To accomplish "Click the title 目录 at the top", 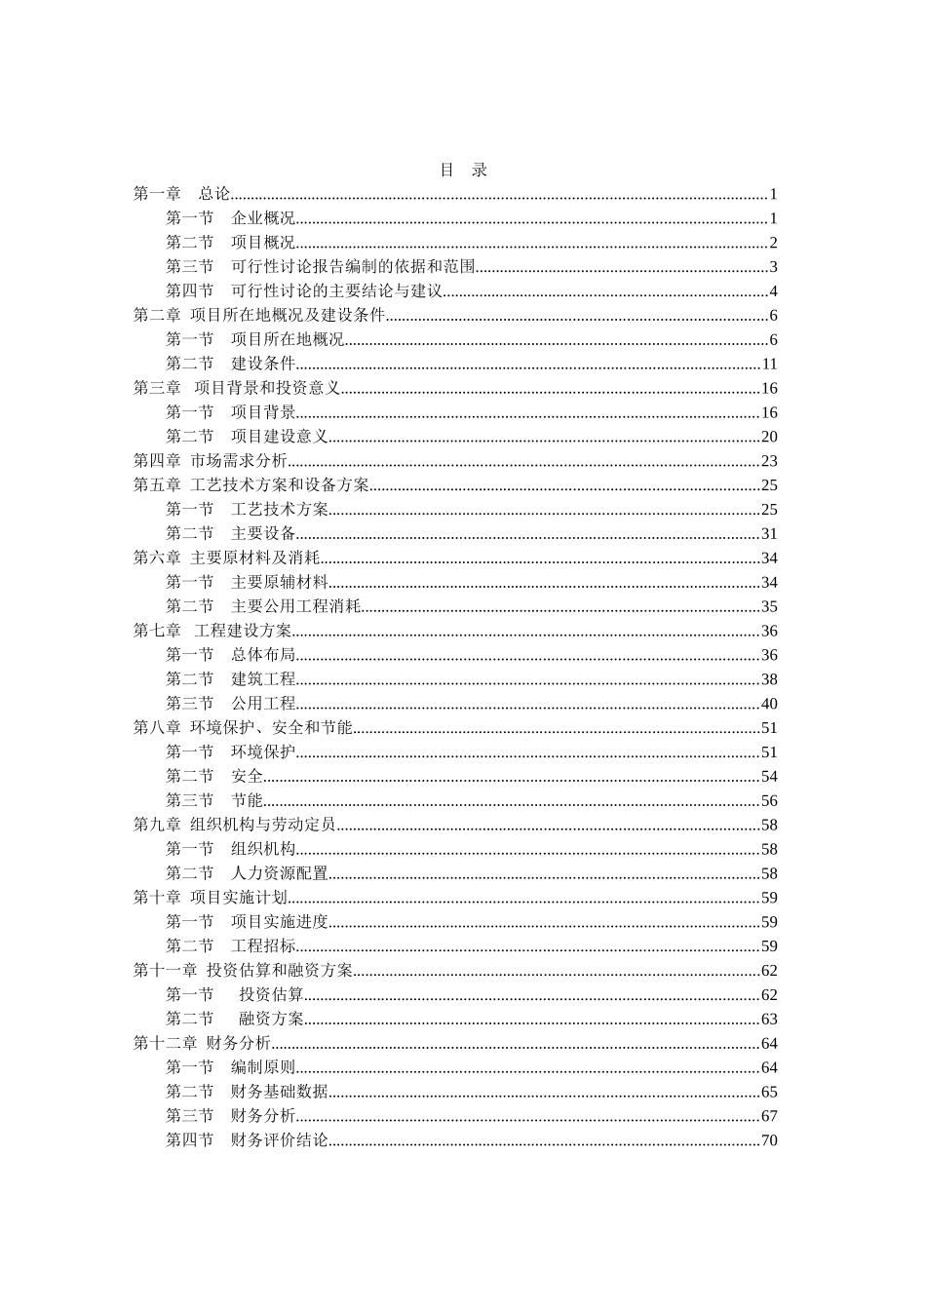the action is point(463,170).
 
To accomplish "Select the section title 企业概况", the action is point(263,218).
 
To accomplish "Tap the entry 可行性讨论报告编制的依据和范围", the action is point(353,267).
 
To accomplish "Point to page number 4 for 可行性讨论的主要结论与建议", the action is point(773,291).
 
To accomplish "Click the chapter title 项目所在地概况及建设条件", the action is point(289,315).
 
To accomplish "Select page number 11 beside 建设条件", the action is point(769,365).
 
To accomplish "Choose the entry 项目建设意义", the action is point(280,437).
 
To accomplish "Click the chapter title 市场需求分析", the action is point(239,461).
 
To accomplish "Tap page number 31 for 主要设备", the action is point(769,534).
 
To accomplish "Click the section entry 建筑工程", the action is point(263,679).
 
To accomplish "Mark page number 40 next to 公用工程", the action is point(769,704).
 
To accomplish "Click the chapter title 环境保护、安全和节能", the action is point(271,728).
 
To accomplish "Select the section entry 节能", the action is point(247,800).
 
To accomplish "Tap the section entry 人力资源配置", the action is point(280,873).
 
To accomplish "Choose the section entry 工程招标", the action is point(263,946).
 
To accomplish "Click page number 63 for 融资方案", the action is point(769,1020).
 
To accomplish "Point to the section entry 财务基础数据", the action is point(280,1092).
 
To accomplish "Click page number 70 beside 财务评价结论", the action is point(769,1140).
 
